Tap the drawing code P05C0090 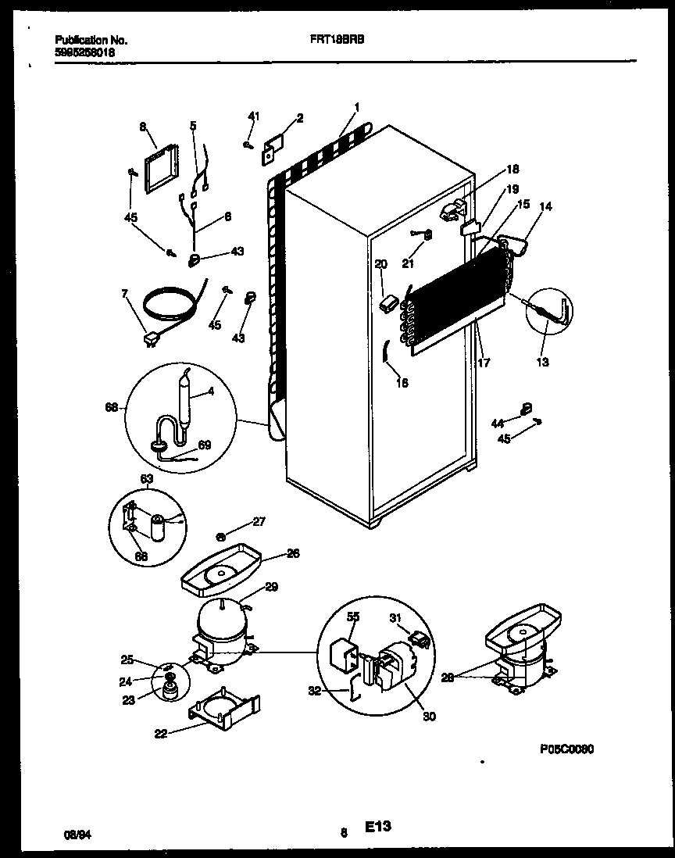tap(566, 748)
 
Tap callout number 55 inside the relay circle tap(352, 617)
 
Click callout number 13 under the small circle tap(542, 362)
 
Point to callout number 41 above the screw tap(252, 116)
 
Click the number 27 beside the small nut tap(259, 521)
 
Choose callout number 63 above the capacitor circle tap(146, 478)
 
